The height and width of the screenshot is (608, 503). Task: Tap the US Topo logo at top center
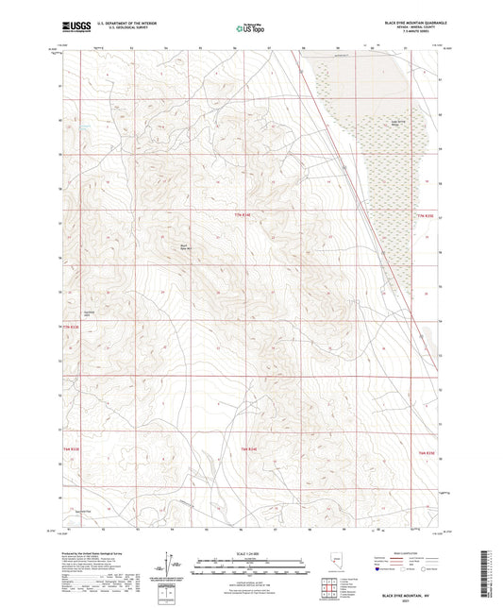[250, 28]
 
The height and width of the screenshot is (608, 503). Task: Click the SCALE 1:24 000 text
[250, 551]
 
